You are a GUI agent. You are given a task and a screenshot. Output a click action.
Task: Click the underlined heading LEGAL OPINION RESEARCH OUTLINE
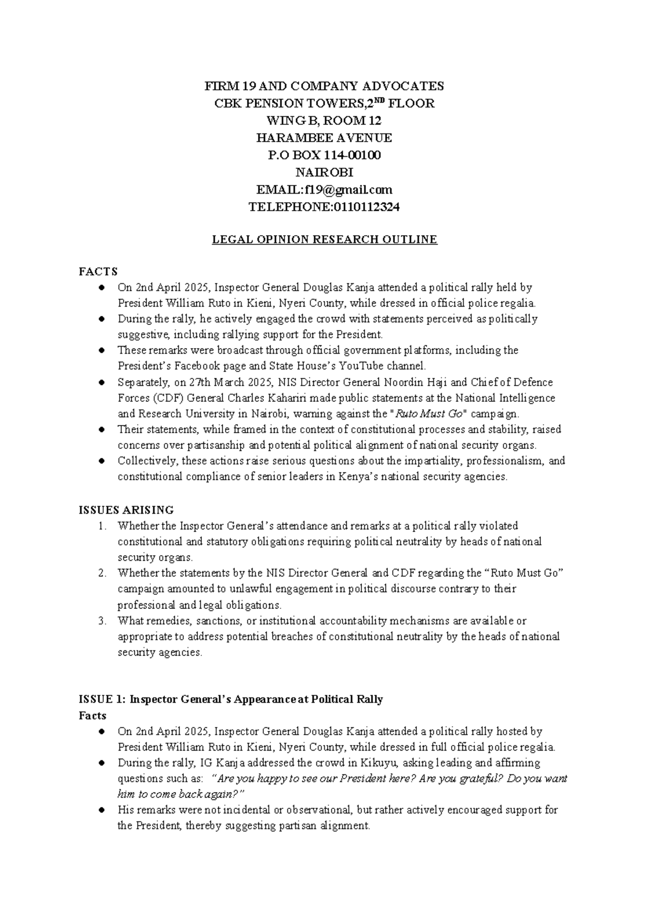tap(324, 240)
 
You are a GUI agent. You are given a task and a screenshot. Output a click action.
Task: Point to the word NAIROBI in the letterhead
tap(324, 172)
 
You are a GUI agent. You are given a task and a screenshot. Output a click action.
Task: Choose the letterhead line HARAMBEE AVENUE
tap(324, 138)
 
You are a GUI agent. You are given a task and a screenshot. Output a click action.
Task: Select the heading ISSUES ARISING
tap(127, 510)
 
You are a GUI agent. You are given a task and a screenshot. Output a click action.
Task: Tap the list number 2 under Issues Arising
tap(103, 573)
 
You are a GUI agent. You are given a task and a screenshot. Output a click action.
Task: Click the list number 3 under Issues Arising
tap(103, 621)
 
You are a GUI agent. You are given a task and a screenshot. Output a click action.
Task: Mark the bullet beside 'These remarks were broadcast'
tap(102, 350)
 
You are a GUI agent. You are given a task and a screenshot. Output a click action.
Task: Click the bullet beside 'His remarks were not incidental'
tap(102, 810)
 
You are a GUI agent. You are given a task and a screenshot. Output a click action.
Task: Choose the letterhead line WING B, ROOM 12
tap(324, 121)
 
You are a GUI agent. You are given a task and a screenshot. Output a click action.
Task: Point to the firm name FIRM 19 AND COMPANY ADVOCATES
tap(324, 86)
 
